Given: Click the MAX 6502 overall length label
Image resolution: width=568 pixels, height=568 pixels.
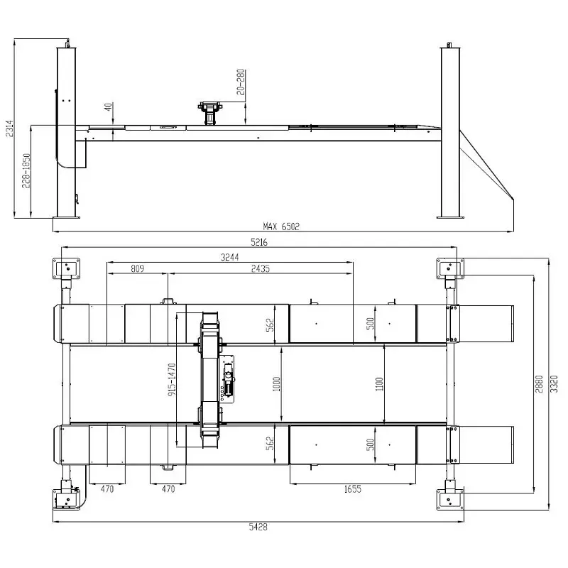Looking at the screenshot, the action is tap(281, 226).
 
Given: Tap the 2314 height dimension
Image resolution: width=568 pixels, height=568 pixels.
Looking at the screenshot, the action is tap(9, 129).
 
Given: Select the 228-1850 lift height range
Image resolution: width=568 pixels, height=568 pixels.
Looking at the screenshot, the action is tap(26, 171).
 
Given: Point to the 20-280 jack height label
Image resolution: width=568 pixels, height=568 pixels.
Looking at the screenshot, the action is tap(241, 82).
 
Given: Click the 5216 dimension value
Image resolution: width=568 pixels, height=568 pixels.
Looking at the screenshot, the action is tap(259, 242).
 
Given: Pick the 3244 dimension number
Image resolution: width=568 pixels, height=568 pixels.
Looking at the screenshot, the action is tap(230, 257).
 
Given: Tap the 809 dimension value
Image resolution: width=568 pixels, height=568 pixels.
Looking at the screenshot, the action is tap(137, 268).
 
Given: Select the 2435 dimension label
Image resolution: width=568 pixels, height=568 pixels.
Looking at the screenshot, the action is tap(261, 268).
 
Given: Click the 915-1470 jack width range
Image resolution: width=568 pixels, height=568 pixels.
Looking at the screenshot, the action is tap(172, 379).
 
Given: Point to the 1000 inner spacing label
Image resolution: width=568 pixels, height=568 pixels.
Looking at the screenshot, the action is tap(276, 384).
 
